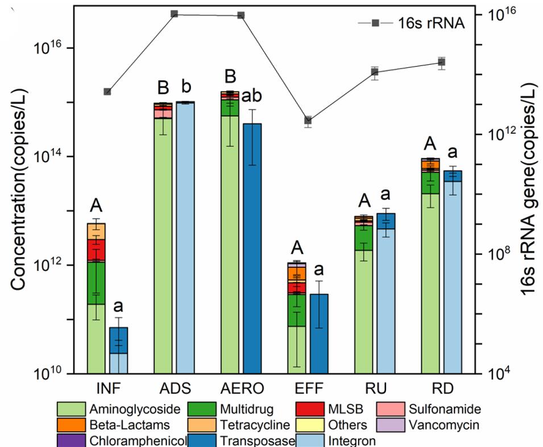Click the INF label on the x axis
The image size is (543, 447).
(107, 390)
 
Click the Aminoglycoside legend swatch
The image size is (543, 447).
(71, 409)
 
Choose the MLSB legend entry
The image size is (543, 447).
(341, 409)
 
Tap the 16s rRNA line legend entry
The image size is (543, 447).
(375, 23)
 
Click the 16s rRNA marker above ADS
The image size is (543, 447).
(174, 14)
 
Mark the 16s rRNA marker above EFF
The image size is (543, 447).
(308, 120)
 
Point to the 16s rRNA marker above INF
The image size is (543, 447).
(107, 92)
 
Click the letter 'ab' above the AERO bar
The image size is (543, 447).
(252, 96)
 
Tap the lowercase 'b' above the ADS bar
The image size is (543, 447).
(185, 88)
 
